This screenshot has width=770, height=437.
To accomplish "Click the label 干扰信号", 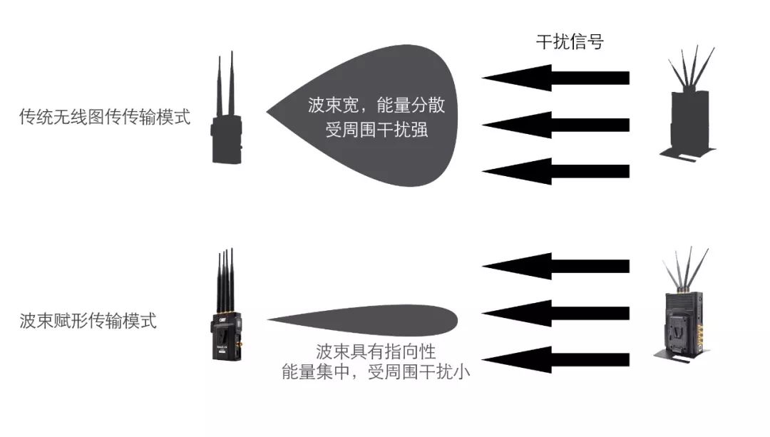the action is click(570, 42).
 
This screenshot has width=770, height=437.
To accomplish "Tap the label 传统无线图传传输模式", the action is click(105, 117).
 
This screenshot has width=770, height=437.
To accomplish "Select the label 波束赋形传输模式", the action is click(88, 321).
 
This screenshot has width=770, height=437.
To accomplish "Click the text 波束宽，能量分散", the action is click(376, 105).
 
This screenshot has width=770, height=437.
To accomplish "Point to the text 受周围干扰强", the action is click(376, 130).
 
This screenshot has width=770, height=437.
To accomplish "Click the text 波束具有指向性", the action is click(376, 351).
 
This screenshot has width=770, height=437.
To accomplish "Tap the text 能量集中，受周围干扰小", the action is click(376, 371).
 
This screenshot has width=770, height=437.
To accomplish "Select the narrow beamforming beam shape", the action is click(362, 320).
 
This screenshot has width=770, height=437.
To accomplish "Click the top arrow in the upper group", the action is click(555, 78).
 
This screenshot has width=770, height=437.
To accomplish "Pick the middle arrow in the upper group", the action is click(555, 125).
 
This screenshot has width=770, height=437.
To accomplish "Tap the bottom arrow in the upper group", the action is click(555, 171).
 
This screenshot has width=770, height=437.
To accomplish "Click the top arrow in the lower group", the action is click(555, 266).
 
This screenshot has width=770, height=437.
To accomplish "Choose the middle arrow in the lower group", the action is click(555, 313).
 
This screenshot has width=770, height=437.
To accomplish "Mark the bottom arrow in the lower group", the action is click(555, 360).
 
